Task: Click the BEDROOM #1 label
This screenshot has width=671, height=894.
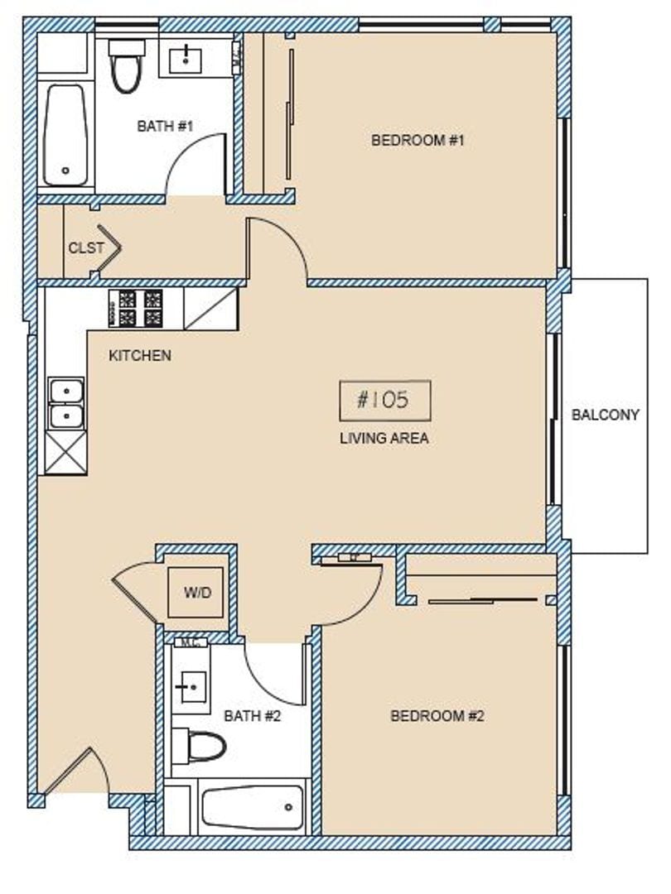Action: point(417,140)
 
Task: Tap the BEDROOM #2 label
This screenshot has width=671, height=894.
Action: point(437,715)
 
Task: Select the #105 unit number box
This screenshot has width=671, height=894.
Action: point(384,401)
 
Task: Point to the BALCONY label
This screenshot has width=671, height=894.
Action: point(606,415)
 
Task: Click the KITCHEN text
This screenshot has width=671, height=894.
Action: point(140,355)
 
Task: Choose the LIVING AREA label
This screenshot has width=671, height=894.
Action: point(384,438)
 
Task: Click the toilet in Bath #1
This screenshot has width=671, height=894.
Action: point(127,65)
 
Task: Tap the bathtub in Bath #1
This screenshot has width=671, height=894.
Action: point(65,135)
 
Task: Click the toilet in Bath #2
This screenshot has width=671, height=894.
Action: point(201,746)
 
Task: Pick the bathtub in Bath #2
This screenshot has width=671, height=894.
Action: point(253,806)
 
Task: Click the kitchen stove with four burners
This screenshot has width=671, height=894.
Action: point(135,308)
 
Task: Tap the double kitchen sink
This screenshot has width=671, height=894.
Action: point(65,403)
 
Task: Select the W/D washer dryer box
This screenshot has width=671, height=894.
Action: point(196,592)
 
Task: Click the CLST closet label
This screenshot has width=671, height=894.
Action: point(86,248)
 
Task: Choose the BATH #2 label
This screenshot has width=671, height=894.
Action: point(253,715)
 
